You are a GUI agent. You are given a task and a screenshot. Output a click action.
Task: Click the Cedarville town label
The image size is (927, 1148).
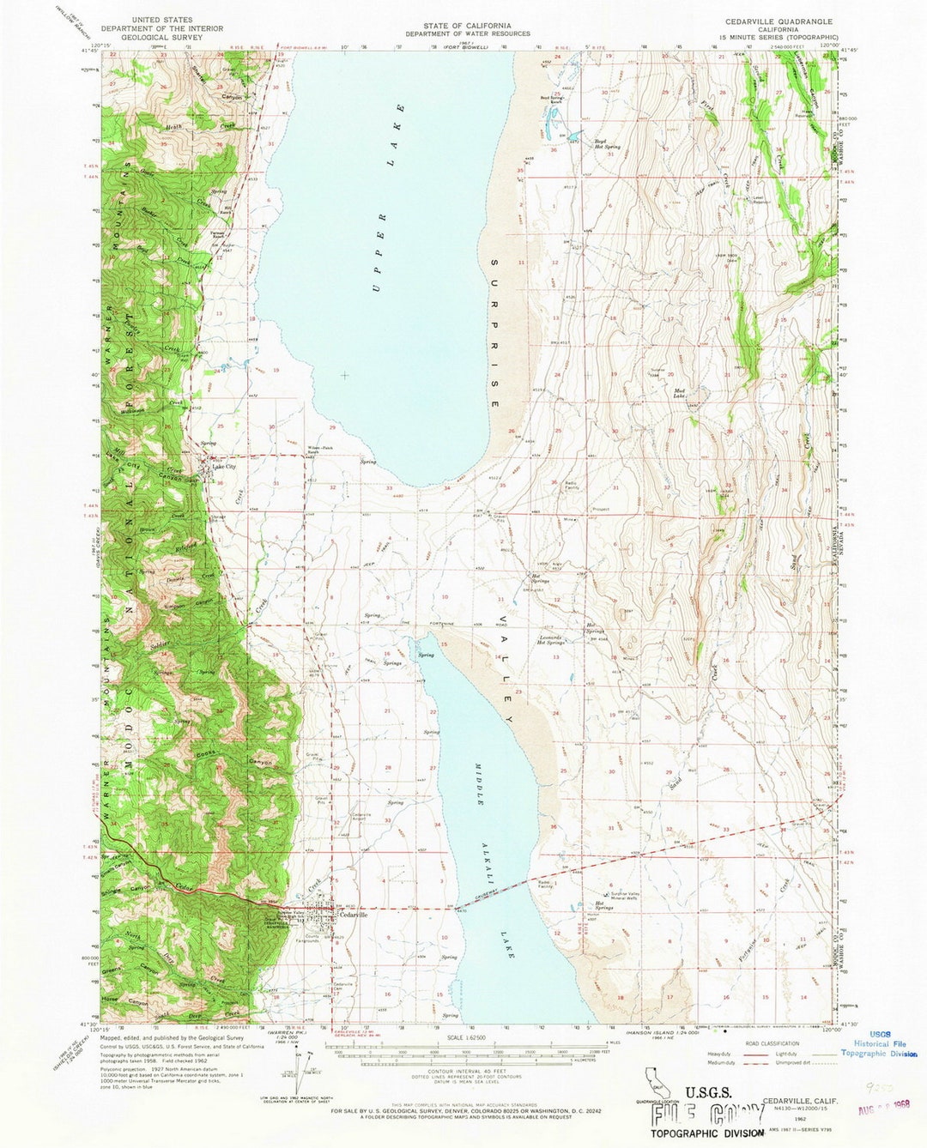tap(354, 915)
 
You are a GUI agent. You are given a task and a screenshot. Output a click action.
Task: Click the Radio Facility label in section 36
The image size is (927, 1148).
tap(572, 485)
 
